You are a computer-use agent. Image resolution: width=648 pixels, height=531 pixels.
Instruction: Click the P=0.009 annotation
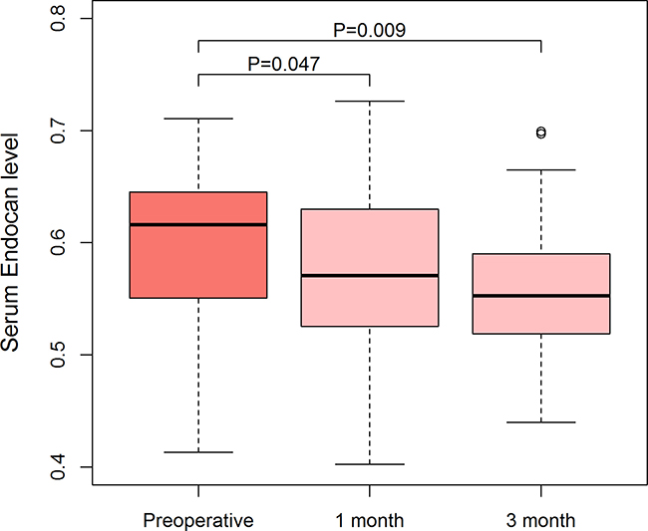369,30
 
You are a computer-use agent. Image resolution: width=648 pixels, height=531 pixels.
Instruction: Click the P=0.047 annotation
284,65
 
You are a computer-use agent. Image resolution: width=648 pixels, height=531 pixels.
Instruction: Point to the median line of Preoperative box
198,225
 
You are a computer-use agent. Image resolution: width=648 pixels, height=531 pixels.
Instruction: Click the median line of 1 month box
370,275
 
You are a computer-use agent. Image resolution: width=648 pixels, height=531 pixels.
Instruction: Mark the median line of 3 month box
540,296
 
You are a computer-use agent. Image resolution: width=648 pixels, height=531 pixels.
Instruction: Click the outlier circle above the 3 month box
540,133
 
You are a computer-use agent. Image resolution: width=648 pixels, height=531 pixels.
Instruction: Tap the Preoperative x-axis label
198,520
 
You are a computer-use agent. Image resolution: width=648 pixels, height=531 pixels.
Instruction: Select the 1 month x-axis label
370,520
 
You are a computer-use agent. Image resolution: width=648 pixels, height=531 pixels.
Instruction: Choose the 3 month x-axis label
540,520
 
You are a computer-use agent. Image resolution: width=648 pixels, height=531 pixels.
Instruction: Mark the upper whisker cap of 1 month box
370,101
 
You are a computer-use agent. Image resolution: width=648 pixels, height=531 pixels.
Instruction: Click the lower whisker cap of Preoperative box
198,452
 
